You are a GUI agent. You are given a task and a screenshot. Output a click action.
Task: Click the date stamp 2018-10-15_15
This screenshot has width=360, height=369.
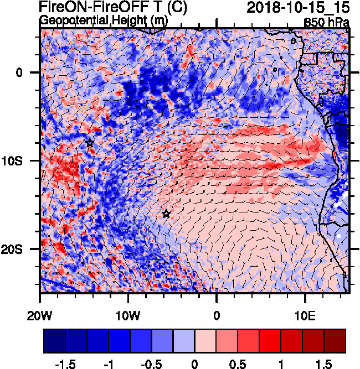[299, 8]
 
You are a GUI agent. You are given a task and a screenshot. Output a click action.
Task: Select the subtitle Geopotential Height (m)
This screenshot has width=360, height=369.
[104, 20]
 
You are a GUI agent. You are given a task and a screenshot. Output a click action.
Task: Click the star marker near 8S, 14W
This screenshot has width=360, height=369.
[90, 143]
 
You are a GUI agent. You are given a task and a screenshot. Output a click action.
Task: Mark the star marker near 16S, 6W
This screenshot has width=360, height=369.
[166, 214]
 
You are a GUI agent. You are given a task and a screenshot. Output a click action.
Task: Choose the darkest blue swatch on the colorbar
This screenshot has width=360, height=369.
[54, 341]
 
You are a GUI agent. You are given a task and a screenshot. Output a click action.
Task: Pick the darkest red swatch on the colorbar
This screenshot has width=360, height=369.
[335, 341]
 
